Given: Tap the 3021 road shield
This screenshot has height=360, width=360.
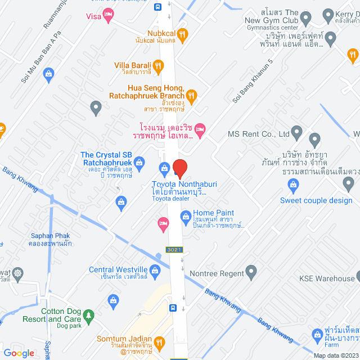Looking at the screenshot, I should coord(174,249).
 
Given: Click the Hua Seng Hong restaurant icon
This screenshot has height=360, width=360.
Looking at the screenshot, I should coord(191,96).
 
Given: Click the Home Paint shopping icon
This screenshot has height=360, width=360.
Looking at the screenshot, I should coord(186,214).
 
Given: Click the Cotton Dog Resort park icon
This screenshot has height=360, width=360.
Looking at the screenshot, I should coord(89,314).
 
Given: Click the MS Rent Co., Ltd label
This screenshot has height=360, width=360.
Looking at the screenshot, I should coord(258,135).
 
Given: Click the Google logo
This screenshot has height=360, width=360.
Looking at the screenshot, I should coord(19,353).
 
